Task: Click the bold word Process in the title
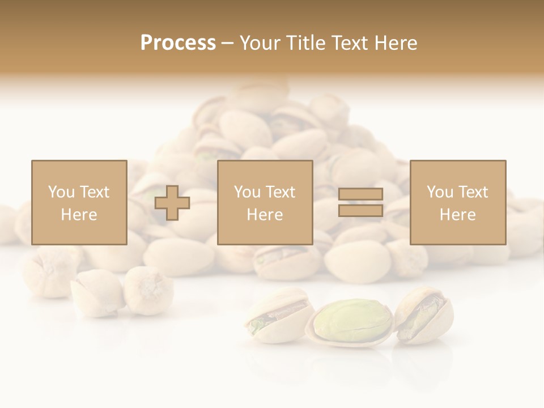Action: click(x=178, y=43)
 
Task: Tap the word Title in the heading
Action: click(x=305, y=43)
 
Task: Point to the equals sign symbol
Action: click(x=361, y=202)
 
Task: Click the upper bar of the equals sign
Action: click(x=361, y=194)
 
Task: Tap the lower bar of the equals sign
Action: click(x=361, y=210)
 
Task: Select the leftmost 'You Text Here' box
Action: click(x=79, y=202)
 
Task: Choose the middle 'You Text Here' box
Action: click(x=265, y=202)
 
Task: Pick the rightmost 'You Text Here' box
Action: click(x=458, y=202)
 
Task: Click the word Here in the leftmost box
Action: click(x=79, y=215)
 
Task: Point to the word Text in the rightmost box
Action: click(x=473, y=192)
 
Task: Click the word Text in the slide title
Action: click(x=350, y=43)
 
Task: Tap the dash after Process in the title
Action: click(x=227, y=43)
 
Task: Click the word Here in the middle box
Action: click(x=265, y=215)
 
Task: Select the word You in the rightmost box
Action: click(x=440, y=192)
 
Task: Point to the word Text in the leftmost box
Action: click(x=94, y=192)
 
